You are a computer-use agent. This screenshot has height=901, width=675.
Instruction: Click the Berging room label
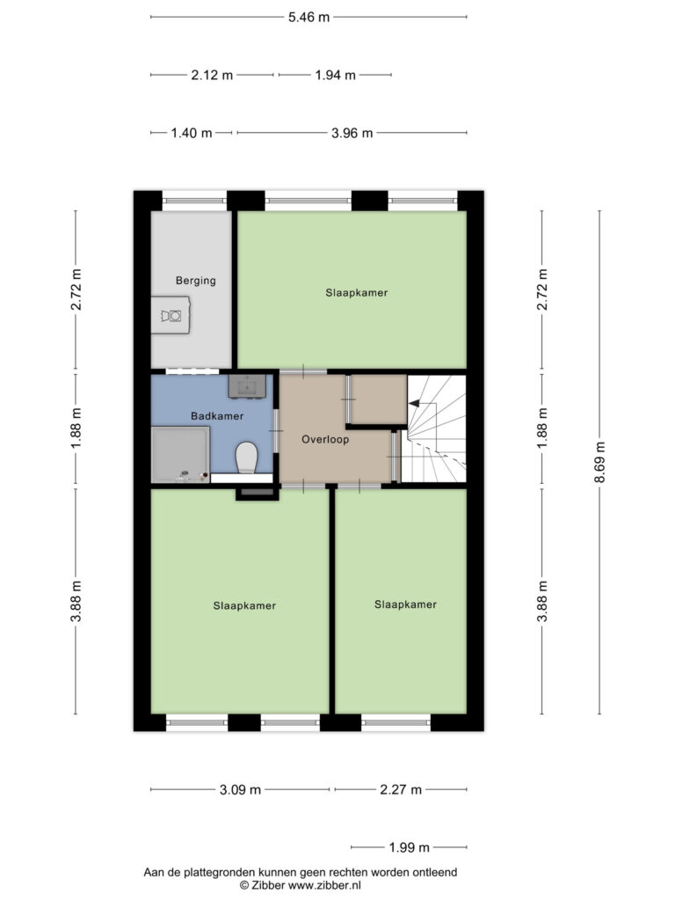(196, 281)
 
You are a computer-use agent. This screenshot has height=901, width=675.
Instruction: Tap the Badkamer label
(217, 415)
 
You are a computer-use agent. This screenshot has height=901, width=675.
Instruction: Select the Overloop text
(325, 440)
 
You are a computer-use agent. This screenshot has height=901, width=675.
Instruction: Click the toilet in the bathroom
(247, 457)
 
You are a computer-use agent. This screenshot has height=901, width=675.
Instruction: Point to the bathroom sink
(247, 385)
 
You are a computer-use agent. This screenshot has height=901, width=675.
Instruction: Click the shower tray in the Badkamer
(180, 455)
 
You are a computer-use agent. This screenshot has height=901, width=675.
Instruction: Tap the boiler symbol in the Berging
(171, 316)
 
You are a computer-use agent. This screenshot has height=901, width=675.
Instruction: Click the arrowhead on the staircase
(413, 404)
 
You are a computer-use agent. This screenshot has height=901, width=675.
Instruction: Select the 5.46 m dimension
(308, 18)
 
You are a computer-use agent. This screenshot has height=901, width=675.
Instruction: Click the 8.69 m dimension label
(599, 463)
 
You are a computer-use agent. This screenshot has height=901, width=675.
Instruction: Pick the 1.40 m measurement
(192, 134)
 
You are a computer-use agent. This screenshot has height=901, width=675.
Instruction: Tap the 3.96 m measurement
(352, 134)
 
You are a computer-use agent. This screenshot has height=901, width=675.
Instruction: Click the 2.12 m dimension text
(212, 76)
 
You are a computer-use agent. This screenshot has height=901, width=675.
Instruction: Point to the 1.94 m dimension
(335, 76)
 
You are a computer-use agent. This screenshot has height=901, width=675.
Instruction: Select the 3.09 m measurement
(240, 790)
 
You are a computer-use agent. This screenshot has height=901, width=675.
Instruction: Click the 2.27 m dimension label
(401, 790)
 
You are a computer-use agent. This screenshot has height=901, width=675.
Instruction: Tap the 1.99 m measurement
(410, 847)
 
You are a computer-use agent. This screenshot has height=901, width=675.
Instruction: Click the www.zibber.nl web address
(324, 885)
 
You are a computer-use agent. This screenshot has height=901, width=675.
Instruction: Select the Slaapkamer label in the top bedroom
(357, 292)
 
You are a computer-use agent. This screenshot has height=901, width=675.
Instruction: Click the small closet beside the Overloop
(378, 399)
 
